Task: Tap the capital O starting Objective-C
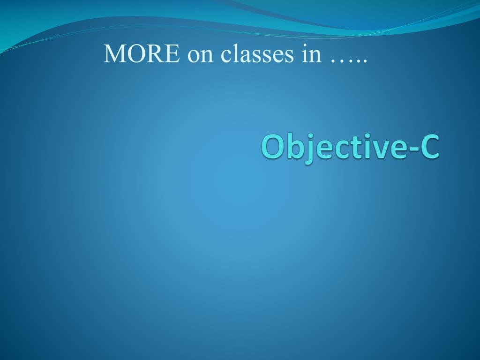[x=271, y=147]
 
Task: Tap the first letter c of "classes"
[x=227, y=56]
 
